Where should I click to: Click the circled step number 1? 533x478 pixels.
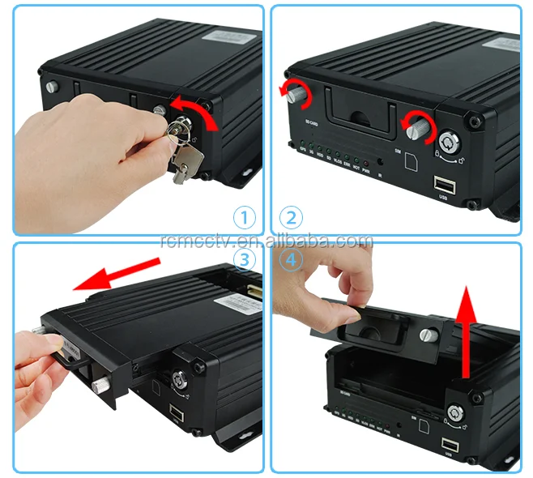click(x=245, y=217)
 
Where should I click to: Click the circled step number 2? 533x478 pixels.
click(x=290, y=217)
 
